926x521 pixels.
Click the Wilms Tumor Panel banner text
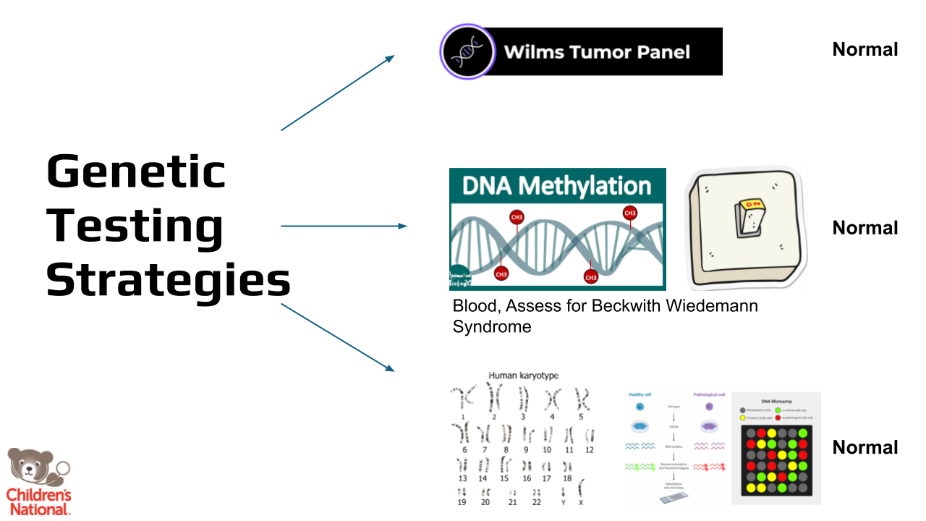597,52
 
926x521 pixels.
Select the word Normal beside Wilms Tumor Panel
865,49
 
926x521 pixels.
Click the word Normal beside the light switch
865,228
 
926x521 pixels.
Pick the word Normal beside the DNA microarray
865,447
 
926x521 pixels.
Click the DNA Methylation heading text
556,186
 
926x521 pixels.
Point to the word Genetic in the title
136,172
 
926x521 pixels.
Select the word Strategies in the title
169,279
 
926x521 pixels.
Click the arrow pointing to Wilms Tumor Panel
338,93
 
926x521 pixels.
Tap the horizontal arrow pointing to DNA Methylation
344,226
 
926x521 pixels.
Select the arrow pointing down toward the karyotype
338,338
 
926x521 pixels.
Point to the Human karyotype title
524,376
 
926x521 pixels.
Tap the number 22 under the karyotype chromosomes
536,502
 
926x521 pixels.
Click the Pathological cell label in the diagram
709,394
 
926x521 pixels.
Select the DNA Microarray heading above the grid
776,400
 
